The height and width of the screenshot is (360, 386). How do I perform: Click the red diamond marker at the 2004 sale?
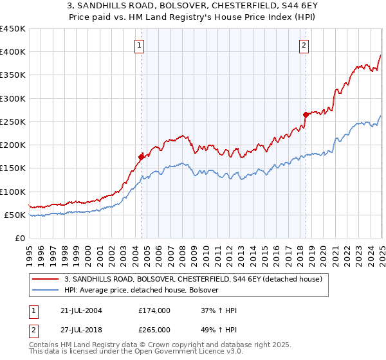pos(141,156)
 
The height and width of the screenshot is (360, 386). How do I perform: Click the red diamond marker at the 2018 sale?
pos(306,114)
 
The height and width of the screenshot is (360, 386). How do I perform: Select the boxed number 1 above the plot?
pos(140,45)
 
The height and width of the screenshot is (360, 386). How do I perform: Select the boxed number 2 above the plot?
pos(304,45)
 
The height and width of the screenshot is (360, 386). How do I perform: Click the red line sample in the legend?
pos(46,280)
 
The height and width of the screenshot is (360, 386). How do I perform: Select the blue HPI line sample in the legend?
pos(46,291)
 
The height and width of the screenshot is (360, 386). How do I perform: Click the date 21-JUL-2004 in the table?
pos(79,310)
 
